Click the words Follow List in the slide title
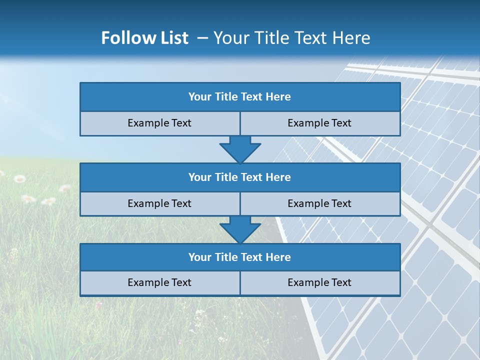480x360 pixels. pos(144,38)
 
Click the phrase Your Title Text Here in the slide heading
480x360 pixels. pos(291,38)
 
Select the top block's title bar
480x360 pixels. pos(240,97)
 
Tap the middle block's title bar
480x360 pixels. pos(240,177)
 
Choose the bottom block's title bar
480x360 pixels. pos(240,257)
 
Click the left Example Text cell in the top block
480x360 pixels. pos(159,123)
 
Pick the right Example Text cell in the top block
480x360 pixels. pos(319,123)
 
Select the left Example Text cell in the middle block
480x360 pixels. pos(159,204)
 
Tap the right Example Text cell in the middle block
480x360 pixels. pos(319,204)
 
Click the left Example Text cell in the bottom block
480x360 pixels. pos(159,283)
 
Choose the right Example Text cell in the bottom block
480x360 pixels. pos(319,283)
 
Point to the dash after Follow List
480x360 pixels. pos(202,38)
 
